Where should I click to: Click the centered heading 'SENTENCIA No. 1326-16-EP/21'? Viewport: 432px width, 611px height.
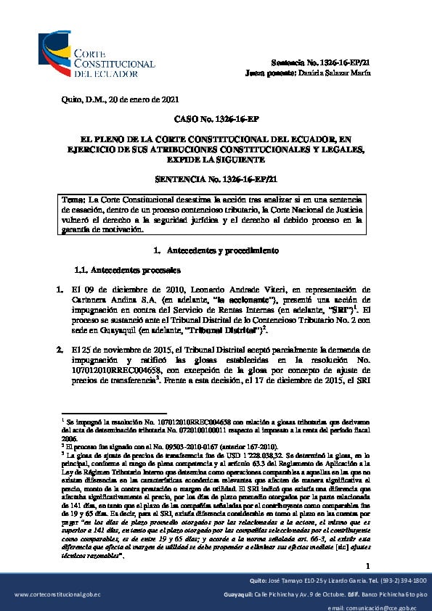pyautogui.click(x=216, y=179)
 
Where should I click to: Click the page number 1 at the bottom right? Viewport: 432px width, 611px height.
pyautogui.click(x=369, y=566)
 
